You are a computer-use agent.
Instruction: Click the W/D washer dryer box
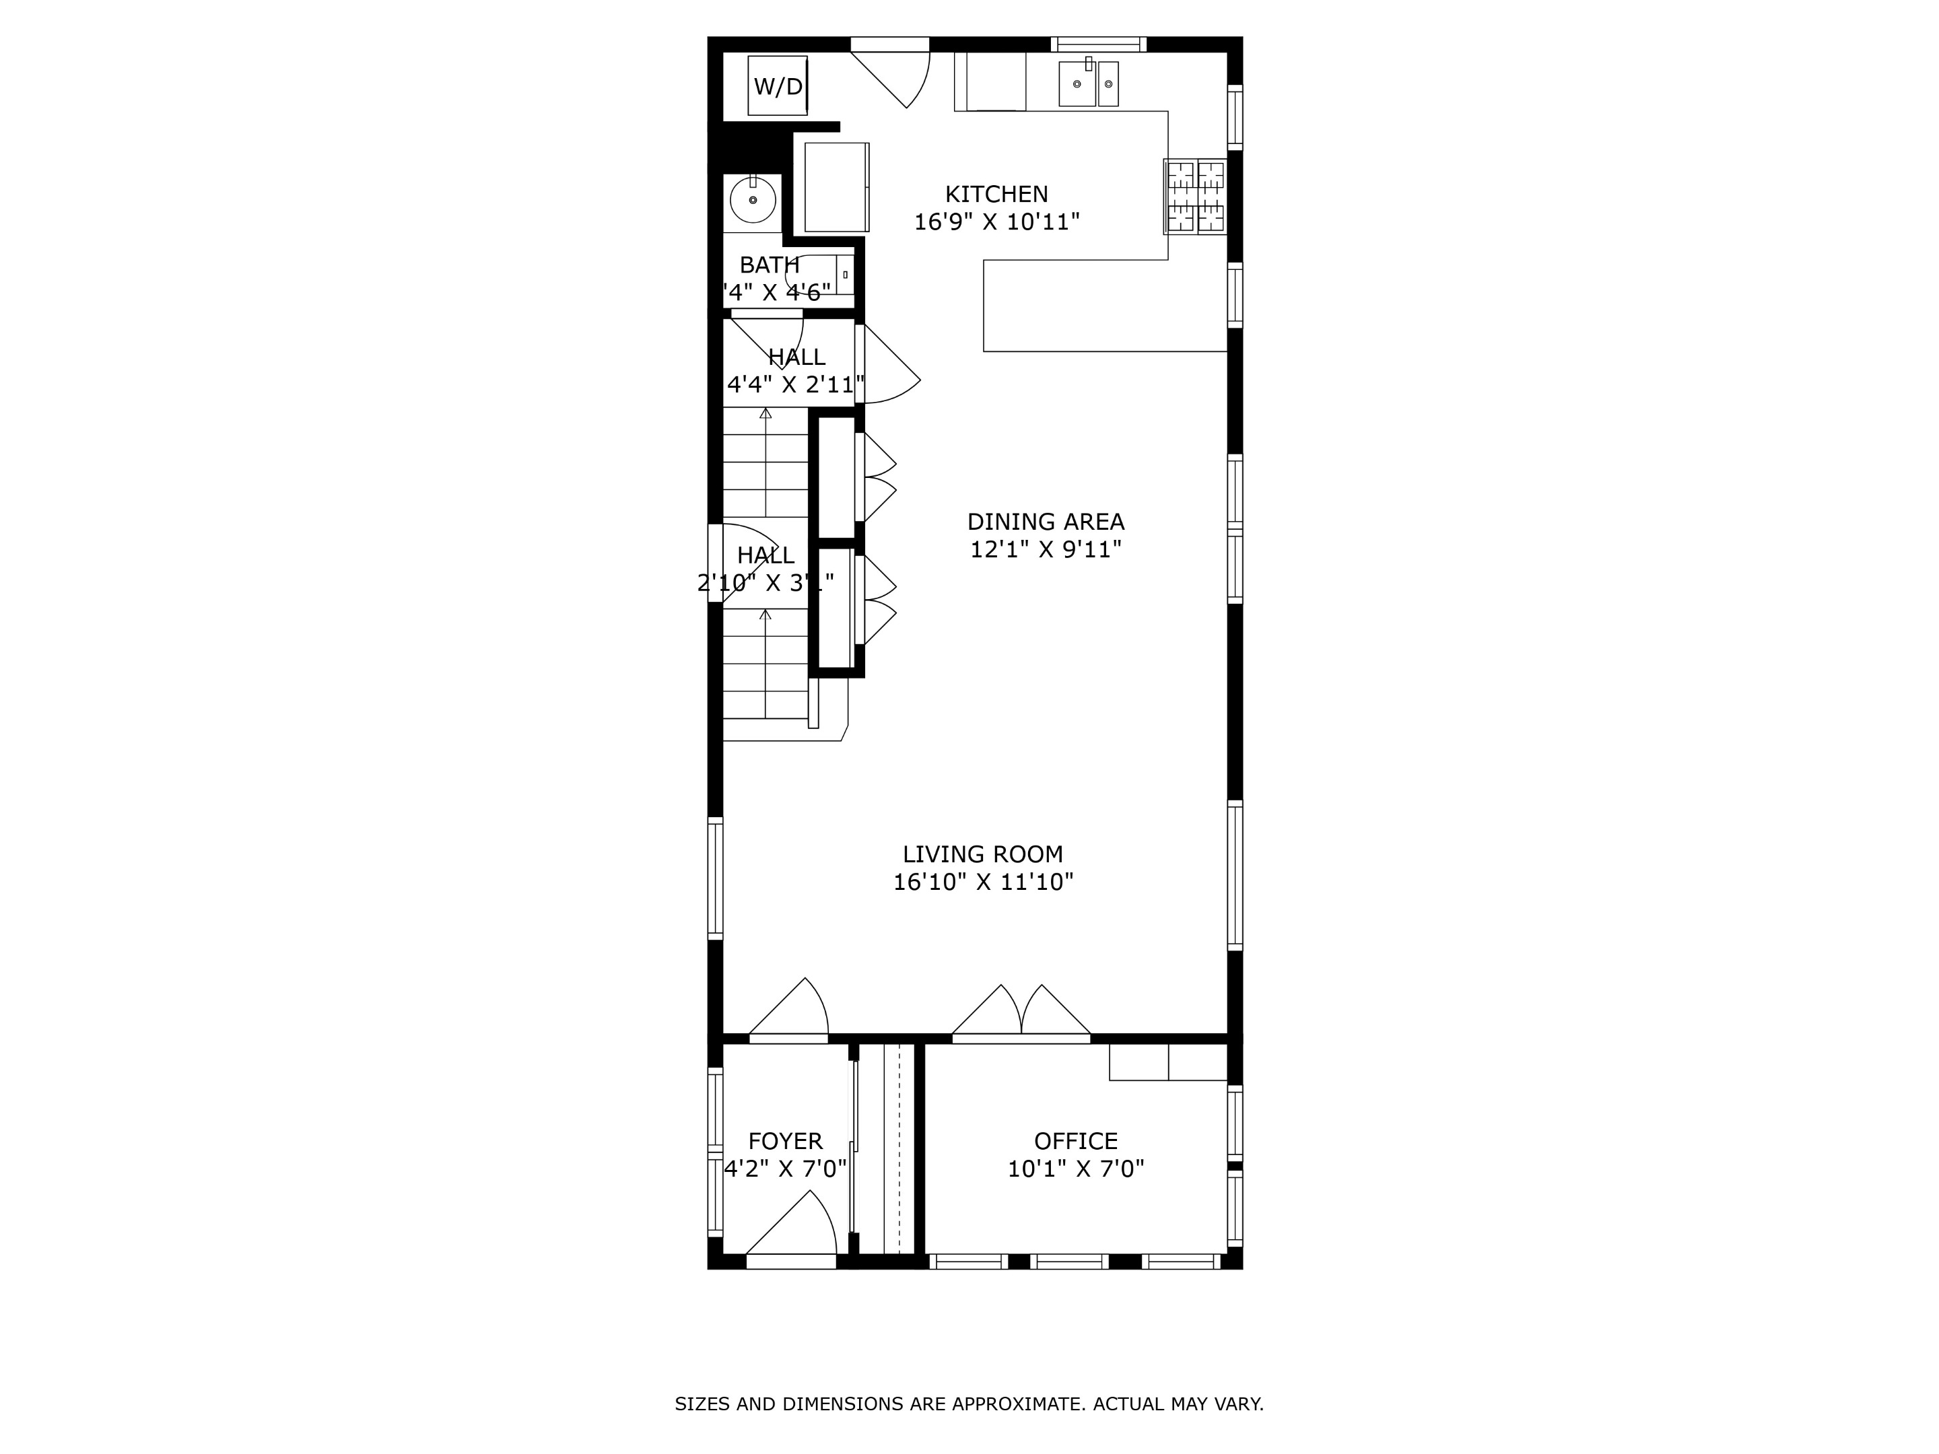778,86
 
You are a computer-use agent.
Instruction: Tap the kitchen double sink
1089,83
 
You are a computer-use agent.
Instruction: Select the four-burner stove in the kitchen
1195,197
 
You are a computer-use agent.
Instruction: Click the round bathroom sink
753,200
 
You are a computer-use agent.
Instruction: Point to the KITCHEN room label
996,194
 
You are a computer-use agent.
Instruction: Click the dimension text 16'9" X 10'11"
996,221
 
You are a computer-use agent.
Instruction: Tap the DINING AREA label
1045,522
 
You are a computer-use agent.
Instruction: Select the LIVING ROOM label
983,854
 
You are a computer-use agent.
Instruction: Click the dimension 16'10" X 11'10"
983,882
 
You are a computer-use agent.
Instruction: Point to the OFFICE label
1076,1141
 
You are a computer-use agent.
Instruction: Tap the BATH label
769,265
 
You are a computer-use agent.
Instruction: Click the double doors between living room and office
1021,1016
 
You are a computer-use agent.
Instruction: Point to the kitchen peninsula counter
1105,307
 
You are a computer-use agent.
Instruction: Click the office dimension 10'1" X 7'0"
1076,1169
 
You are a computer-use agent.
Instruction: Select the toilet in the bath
819,275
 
